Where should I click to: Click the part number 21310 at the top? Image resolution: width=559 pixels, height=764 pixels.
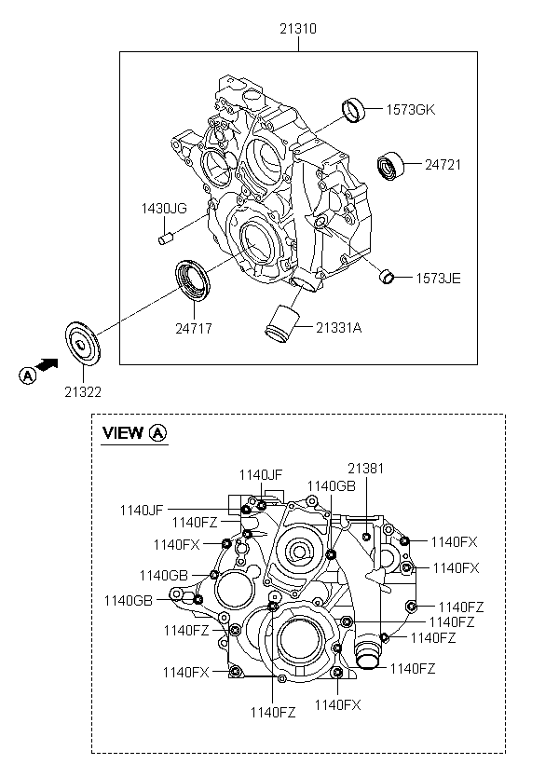point(298,29)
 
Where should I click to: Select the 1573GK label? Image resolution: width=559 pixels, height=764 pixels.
point(410,110)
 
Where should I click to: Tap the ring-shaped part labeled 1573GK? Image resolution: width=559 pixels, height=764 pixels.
point(353,110)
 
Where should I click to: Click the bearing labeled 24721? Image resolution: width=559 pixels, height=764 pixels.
point(391,166)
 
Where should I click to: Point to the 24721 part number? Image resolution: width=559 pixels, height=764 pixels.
point(443,165)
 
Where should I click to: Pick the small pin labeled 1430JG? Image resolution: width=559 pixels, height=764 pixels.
point(166,239)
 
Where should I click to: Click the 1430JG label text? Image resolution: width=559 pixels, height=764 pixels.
point(164,209)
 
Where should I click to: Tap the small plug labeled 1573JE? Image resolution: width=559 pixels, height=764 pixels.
point(387,277)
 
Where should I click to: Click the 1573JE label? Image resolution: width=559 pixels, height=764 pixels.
point(438,279)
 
